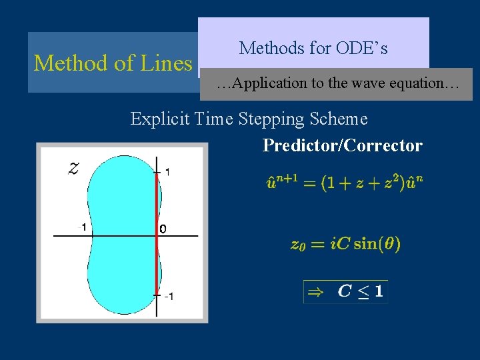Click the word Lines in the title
coord(166,63)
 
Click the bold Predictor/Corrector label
coord(342,145)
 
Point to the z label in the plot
coord(74,167)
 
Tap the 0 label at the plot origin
coord(163,229)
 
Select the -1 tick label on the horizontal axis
coord(81,227)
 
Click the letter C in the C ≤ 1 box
coord(345,291)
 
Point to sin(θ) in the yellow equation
coord(377,244)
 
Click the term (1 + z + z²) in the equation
coord(361,183)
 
